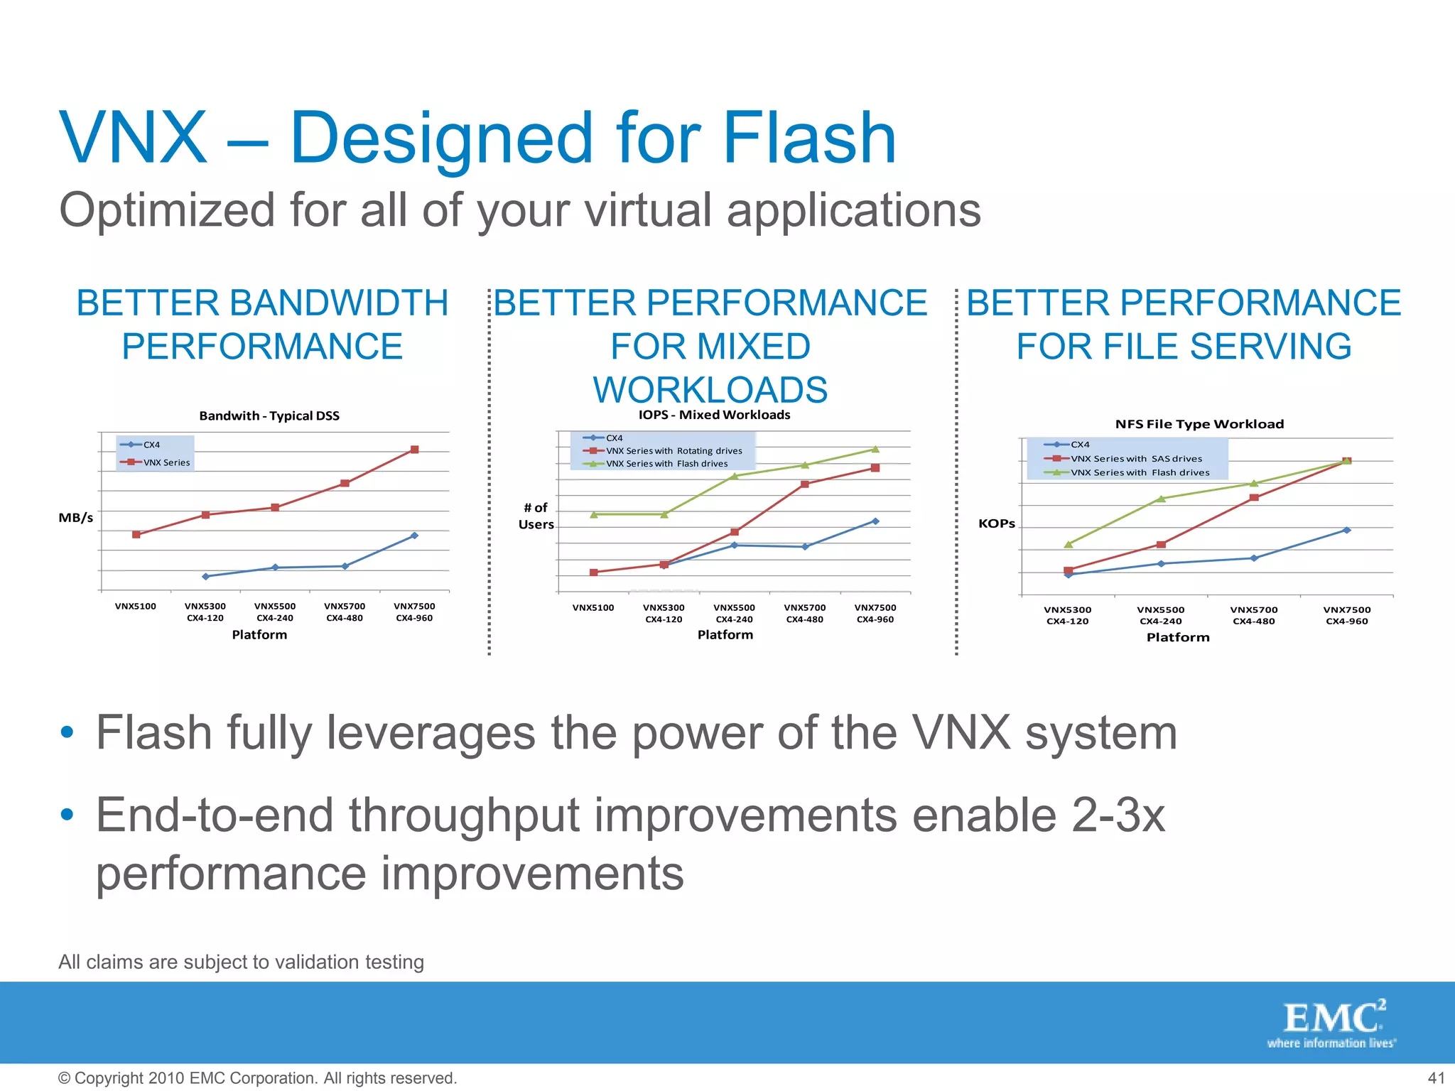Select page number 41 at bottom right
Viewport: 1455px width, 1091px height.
pos(1436,1078)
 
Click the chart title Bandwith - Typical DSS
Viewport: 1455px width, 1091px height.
pos(269,416)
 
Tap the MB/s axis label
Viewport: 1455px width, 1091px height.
pos(75,518)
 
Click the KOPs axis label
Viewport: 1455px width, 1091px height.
pos(996,523)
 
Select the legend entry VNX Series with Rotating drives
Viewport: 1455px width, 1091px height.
pos(674,451)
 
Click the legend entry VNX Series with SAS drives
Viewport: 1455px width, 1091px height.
pos(1136,459)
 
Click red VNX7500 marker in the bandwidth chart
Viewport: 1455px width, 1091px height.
pos(415,450)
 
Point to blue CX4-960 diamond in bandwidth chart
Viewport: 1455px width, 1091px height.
pos(415,536)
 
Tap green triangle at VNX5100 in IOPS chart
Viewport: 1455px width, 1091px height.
pos(594,514)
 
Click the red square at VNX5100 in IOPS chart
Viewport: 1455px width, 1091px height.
pos(594,572)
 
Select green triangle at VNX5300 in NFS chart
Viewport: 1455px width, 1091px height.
pos(1068,544)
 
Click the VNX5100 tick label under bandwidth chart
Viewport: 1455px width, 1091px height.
pos(135,607)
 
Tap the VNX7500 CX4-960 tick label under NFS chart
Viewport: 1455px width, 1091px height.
pos(1346,615)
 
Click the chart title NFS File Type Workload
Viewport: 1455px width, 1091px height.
pos(1199,424)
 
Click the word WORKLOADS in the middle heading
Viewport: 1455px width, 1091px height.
pos(710,389)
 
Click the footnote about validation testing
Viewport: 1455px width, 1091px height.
pos(241,962)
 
